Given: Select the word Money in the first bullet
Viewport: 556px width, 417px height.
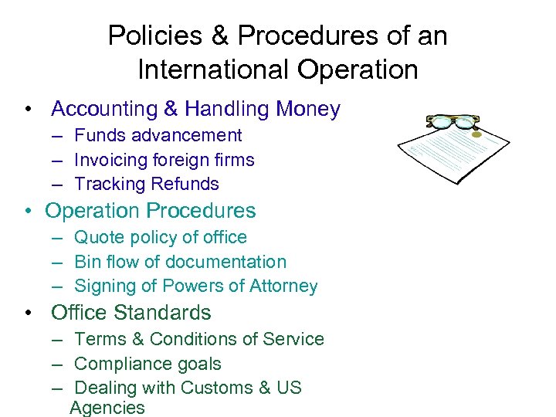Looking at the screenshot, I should [307, 110].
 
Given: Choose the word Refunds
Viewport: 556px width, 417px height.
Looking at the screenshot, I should [185, 184].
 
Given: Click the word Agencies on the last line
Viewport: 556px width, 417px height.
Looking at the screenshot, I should [107, 408].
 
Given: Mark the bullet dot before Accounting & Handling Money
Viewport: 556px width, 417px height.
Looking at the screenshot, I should [28, 110].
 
